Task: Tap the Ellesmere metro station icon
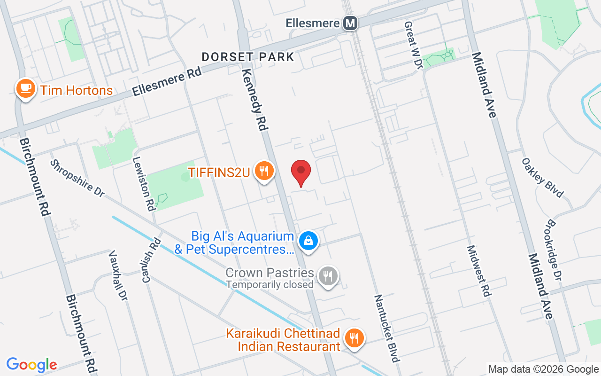[x=350, y=23]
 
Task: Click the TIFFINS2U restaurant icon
[x=264, y=171]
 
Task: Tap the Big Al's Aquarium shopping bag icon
[x=308, y=241]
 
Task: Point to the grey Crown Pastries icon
[x=328, y=276]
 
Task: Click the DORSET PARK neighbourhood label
[x=248, y=57]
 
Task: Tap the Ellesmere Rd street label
[x=167, y=81]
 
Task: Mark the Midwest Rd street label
[x=479, y=271]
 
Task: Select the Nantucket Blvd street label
[x=386, y=328]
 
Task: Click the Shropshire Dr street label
[x=77, y=178]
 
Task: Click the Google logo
[x=32, y=365]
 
